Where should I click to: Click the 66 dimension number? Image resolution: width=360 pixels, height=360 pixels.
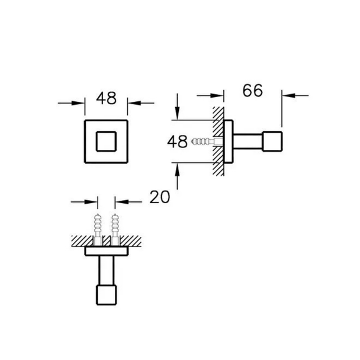pyautogui.click(x=253, y=91)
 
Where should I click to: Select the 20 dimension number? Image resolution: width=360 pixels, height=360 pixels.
pyautogui.click(x=159, y=197)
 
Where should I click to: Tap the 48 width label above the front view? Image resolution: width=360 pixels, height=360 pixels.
pyautogui.click(x=106, y=98)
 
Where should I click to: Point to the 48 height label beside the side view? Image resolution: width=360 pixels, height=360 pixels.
pyautogui.click(x=177, y=142)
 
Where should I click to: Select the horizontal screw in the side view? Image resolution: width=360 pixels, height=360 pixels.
pyautogui.click(x=206, y=142)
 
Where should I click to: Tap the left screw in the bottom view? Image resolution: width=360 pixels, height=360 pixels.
pyautogui.click(x=98, y=230)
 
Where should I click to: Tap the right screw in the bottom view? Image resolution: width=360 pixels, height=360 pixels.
pyautogui.click(x=115, y=230)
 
